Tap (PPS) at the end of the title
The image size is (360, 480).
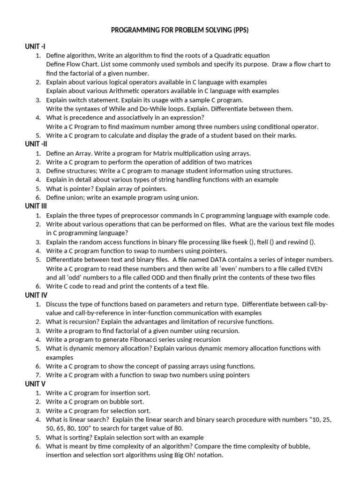pyautogui.click(x=238, y=30)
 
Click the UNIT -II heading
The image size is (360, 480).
pyautogui.click(x=36, y=144)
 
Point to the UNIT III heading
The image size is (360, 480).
pyautogui.click(x=36, y=206)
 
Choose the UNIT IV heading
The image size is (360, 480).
pyautogui.click(x=36, y=295)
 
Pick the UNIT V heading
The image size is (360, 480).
pyautogui.click(x=35, y=384)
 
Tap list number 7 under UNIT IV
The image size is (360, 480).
pyautogui.click(x=38, y=375)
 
